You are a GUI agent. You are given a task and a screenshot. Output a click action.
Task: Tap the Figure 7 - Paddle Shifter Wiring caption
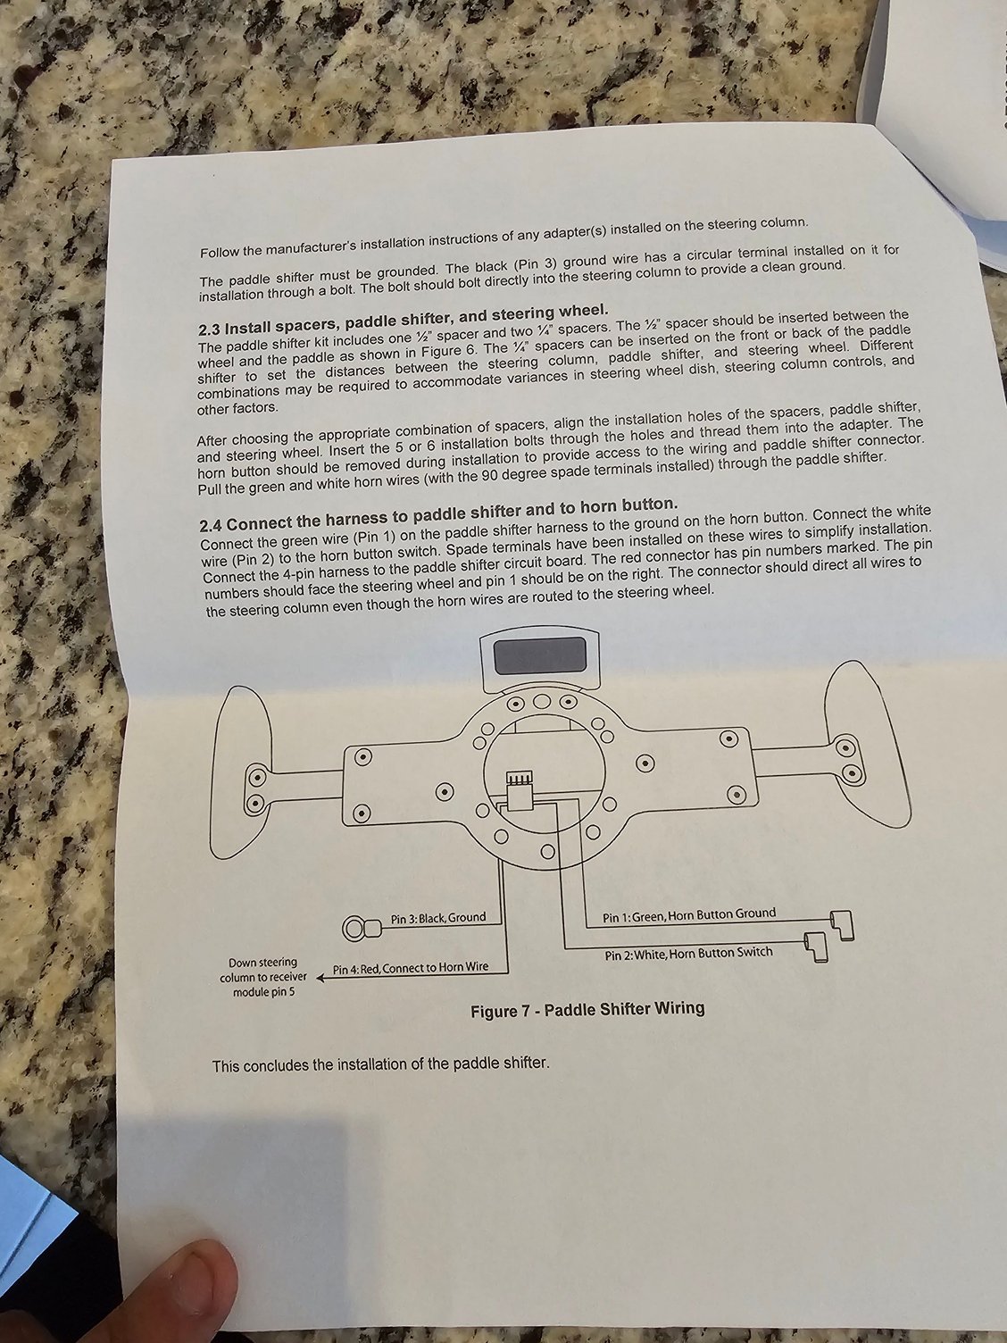[587, 1010]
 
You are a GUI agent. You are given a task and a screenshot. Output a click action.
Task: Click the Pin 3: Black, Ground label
[438, 918]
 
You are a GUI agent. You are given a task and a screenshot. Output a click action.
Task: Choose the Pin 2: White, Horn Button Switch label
[688, 954]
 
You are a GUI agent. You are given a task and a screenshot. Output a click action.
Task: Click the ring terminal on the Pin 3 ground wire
[355, 930]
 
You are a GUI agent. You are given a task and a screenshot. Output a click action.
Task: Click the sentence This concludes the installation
[379, 1064]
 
